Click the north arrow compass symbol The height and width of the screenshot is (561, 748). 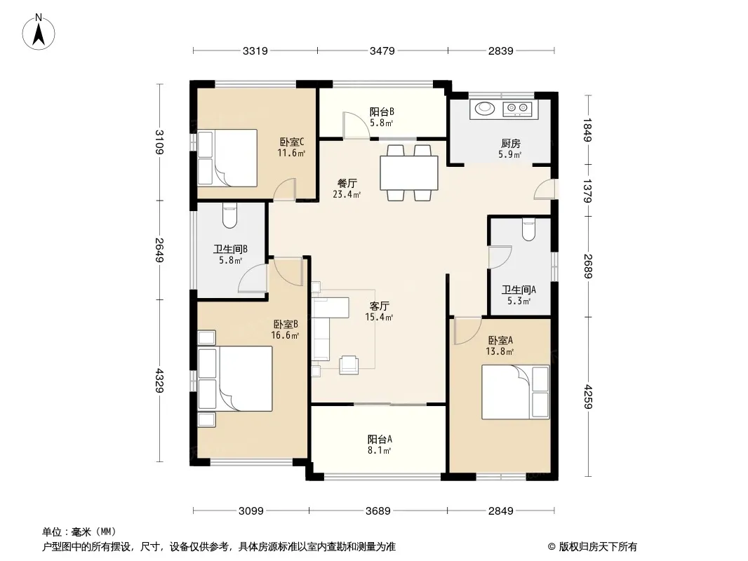click(x=39, y=32)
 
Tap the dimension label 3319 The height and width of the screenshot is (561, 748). click(x=255, y=50)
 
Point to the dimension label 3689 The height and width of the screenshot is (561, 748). click(x=378, y=511)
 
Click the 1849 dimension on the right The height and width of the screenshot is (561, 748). click(x=587, y=130)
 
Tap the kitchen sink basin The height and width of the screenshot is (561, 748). click(x=485, y=109)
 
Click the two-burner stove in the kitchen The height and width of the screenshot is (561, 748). click(x=517, y=109)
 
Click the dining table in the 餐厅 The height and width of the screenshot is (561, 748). click(x=409, y=173)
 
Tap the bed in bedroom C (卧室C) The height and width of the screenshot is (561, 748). click(x=227, y=158)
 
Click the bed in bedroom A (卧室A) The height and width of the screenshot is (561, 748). click(x=516, y=392)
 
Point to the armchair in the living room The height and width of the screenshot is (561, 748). click(x=349, y=365)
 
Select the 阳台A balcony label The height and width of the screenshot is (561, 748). click(x=380, y=439)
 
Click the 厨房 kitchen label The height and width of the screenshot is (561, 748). click(x=510, y=143)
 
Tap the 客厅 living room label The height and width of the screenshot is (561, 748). click(x=379, y=306)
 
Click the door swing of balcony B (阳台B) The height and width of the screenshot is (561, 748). click(x=355, y=126)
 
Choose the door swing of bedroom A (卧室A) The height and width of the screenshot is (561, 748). click(x=467, y=330)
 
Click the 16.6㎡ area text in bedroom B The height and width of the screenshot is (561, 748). click(x=286, y=335)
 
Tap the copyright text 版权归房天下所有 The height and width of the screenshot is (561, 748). click(x=598, y=547)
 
